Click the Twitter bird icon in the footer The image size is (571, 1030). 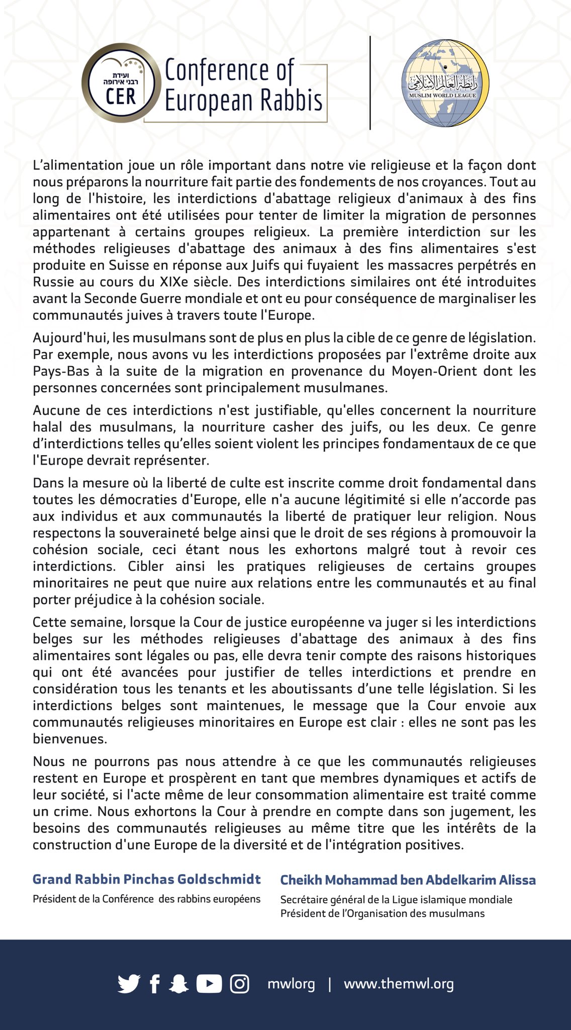pyautogui.click(x=129, y=984)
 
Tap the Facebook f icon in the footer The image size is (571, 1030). pyautogui.click(x=155, y=984)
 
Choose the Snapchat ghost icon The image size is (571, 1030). pyautogui.click(x=178, y=984)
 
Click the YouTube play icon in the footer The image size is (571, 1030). pyautogui.click(x=209, y=984)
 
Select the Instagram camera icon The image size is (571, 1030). pyautogui.click(x=239, y=984)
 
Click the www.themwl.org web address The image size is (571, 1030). pyautogui.click(x=399, y=984)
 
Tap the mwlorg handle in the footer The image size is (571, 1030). pyautogui.click(x=291, y=984)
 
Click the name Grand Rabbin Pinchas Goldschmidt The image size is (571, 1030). pyautogui.click(x=146, y=879)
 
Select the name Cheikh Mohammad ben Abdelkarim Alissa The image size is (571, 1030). pyautogui.click(x=408, y=880)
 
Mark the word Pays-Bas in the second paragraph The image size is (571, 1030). pyautogui.click(x=54, y=371)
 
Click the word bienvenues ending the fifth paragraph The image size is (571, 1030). pyautogui.click(x=70, y=739)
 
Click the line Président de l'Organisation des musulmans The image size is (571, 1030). pyautogui.click(x=382, y=913)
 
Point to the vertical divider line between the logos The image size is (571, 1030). pyautogui.click(x=370, y=83)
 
